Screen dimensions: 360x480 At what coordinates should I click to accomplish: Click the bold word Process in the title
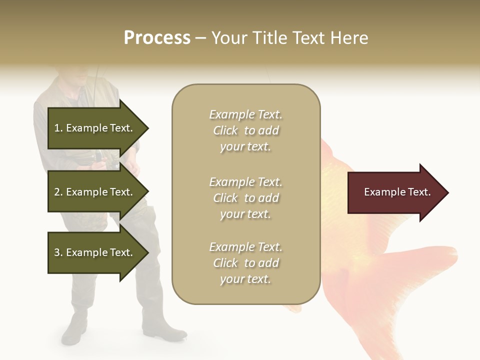157,38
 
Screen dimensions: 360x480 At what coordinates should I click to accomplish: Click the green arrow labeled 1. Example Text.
95,128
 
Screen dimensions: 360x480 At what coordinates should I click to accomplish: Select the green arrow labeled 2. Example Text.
95,192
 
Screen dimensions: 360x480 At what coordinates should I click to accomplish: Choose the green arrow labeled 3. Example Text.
95,252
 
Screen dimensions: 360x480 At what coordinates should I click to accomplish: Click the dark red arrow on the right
395,192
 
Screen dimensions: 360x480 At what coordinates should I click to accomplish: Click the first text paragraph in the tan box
245,130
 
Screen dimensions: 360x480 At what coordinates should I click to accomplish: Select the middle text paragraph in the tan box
245,198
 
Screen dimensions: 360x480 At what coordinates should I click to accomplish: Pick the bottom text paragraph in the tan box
245,263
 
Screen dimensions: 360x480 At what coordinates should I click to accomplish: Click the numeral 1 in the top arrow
56,128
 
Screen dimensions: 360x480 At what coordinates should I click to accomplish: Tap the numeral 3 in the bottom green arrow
57,252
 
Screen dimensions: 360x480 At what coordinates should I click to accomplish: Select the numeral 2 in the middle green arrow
57,192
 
